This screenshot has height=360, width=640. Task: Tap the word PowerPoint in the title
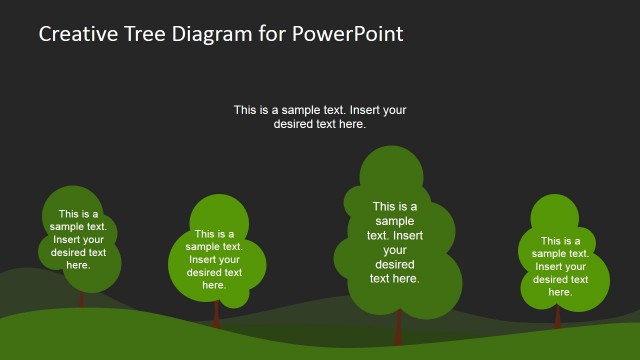(348, 34)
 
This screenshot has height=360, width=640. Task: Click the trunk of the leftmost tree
(82, 299)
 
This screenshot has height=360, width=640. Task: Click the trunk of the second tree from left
(216, 313)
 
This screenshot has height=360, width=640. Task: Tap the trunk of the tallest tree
(398, 327)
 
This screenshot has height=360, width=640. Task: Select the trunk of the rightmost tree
(558, 316)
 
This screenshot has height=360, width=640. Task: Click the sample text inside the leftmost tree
(78, 239)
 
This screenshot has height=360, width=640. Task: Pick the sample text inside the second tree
(214, 259)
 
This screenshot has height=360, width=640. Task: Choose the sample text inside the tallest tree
(395, 243)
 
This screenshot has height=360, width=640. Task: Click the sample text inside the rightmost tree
(560, 266)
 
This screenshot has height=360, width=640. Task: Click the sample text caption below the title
(320, 117)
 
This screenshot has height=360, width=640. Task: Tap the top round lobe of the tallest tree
(392, 168)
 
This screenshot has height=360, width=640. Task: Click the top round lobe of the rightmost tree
(555, 213)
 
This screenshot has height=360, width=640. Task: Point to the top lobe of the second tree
(219, 214)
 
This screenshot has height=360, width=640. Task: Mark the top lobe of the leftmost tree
(72, 202)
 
